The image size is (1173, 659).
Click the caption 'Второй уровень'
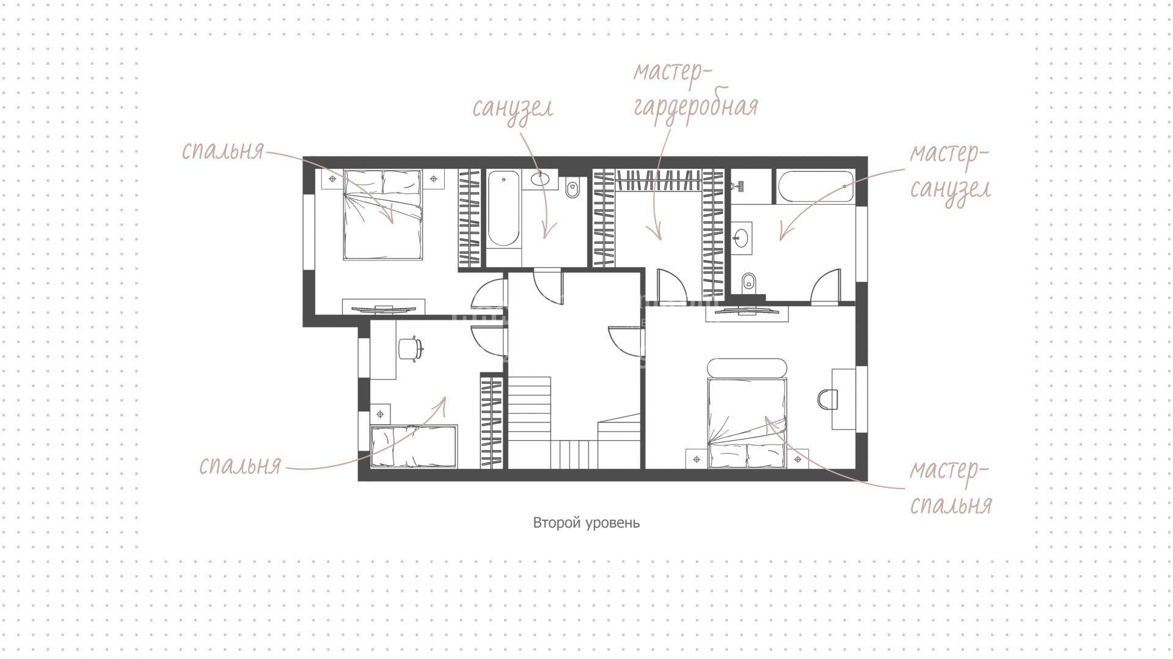(586, 523)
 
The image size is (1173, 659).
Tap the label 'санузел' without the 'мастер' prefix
(513, 108)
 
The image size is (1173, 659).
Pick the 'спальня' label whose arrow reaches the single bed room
(240, 466)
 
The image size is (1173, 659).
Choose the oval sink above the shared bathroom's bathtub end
(541, 179)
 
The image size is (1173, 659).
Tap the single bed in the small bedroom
(414, 447)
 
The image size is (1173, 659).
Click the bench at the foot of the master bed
(747, 369)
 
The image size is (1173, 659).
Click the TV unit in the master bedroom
(747, 312)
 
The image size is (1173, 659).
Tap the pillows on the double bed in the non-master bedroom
(383, 182)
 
